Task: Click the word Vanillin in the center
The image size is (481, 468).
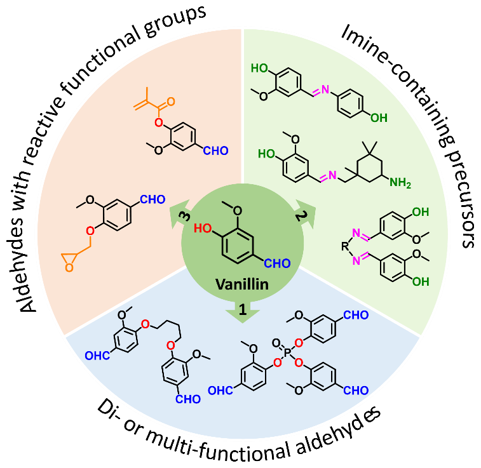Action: (242, 284)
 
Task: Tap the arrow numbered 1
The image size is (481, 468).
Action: (243, 312)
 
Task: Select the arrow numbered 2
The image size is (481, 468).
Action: (303, 214)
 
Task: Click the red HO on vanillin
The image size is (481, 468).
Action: (203, 229)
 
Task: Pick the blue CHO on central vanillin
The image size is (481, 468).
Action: (277, 264)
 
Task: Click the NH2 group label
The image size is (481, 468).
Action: (400, 183)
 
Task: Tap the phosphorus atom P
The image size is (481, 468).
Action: (287, 352)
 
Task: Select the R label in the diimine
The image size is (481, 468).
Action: (346, 246)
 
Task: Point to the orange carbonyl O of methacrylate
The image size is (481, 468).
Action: (171, 101)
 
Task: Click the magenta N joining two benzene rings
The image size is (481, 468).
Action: (325, 90)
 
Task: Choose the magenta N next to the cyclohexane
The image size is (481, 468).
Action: (332, 175)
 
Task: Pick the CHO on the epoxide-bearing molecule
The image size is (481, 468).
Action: (152, 199)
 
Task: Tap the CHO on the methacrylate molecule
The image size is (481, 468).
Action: (215, 150)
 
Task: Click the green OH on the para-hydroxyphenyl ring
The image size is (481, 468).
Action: (379, 118)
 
